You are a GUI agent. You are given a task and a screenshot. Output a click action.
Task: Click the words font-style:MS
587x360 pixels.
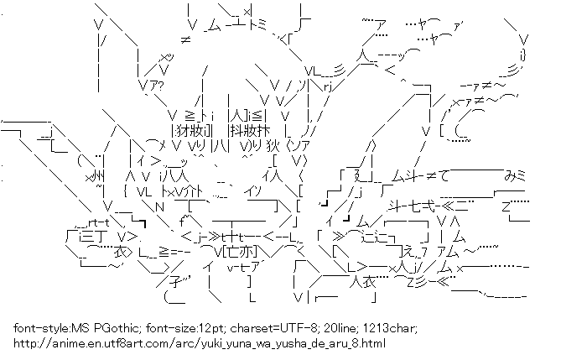(x=49, y=328)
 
